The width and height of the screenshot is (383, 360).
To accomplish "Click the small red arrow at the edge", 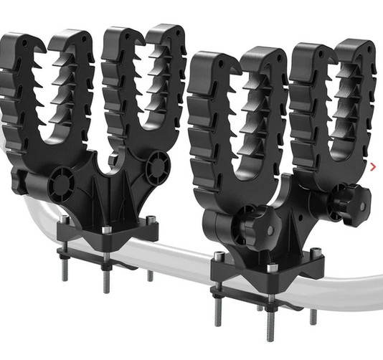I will [373, 168].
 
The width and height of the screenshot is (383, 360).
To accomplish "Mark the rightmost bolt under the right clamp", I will [313, 313].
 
